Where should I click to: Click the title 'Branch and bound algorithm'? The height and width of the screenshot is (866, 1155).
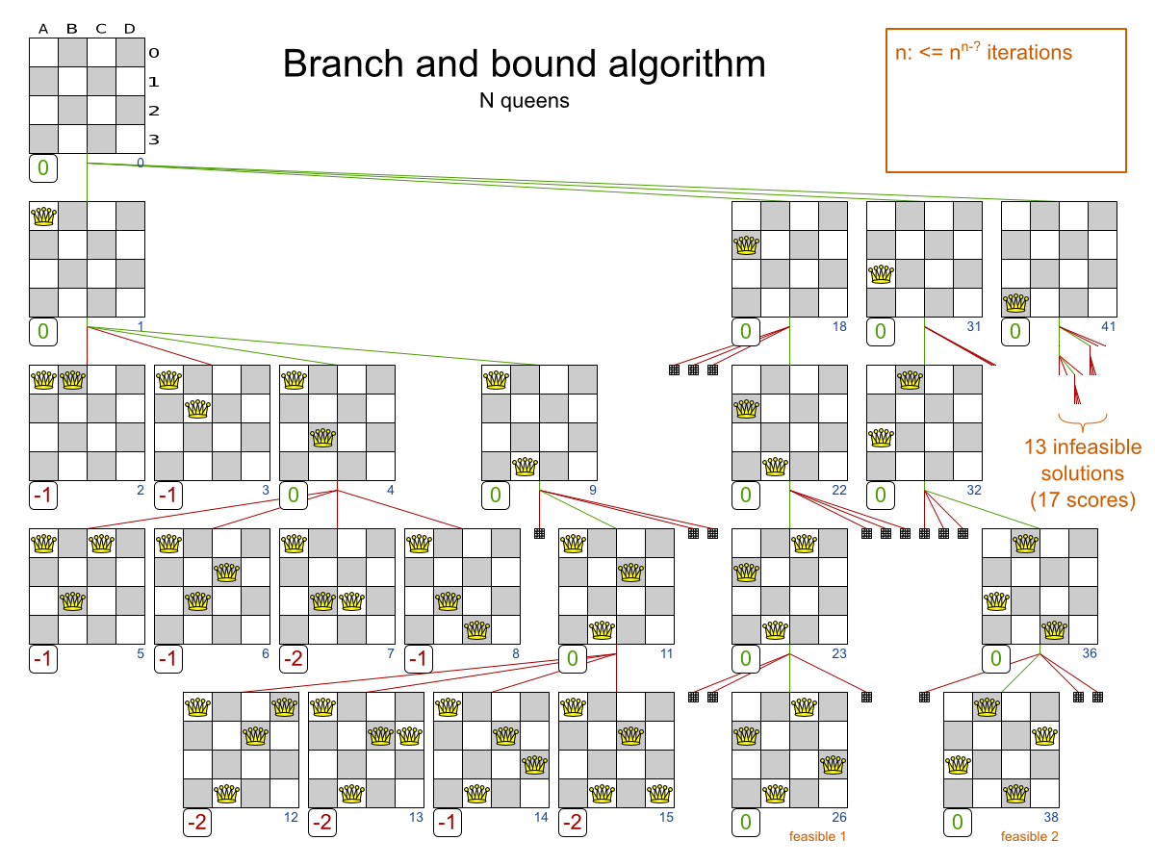(x=525, y=64)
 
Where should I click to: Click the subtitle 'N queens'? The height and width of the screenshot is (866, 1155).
(x=524, y=100)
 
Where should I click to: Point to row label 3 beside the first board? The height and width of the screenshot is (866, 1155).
(x=153, y=140)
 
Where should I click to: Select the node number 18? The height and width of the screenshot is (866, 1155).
(x=839, y=327)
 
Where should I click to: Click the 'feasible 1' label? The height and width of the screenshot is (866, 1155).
(x=817, y=836)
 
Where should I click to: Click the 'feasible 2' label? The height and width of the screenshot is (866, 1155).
(x=1029, y=836)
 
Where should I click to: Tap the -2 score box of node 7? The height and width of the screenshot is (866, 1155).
(x=295, y=659)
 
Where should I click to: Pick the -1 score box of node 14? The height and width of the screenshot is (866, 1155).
(x=449, y=824)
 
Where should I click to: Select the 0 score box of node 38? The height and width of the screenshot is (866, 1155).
(x=957, y=824)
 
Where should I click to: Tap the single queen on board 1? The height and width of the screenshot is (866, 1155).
(x=43, y=216)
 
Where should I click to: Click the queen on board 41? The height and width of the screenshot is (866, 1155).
(x=1015, y=303)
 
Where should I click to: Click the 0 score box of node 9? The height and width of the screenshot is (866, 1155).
(x=496, y=496)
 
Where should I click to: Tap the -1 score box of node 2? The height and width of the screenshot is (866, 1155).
(x=43, y=496)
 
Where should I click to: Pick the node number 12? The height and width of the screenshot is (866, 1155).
(x=292, y=818)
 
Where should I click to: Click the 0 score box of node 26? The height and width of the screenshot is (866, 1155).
(x=745, y=824)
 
